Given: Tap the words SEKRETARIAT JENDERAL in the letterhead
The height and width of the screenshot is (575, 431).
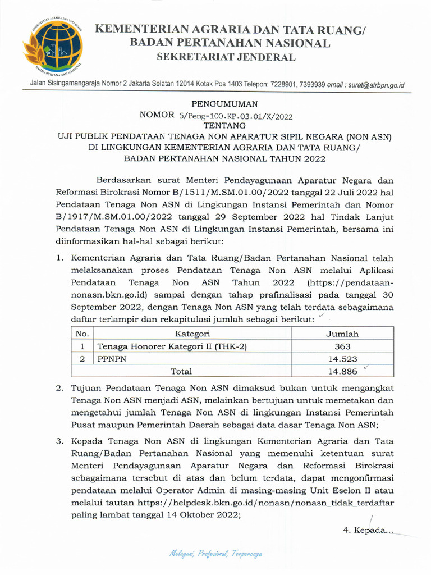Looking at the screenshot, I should click(226, 57).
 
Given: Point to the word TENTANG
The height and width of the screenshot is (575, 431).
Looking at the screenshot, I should click(224, 126).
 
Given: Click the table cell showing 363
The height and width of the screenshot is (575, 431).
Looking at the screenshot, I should click(342, 346).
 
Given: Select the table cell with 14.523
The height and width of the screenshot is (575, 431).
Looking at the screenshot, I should click(342, 359).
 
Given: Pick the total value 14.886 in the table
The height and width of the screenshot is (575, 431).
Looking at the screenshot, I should click(342, 371).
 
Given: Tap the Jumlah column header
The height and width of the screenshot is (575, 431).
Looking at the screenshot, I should click(342, 334).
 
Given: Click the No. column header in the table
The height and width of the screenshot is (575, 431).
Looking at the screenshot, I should click(82, 334).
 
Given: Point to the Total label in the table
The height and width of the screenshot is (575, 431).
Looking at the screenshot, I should click(181, 371).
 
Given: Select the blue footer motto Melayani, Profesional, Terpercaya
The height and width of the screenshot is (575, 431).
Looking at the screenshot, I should click(215, 554).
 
